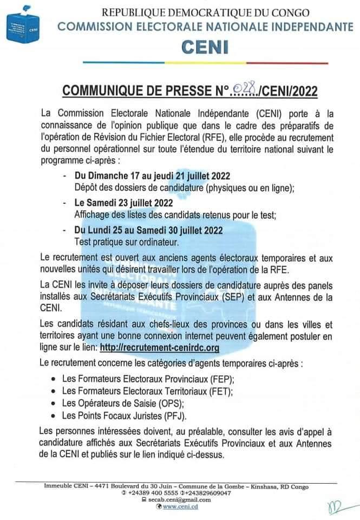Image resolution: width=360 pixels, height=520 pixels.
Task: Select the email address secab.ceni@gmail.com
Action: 181,500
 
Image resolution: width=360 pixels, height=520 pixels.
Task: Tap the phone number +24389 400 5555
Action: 158,493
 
